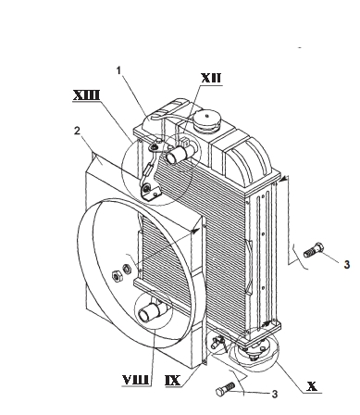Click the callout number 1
[119, 70]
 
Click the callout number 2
[77, 131]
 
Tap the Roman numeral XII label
[211, 78]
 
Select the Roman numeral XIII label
[86, 95]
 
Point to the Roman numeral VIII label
[136, 380]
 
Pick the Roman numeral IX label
[172, 380]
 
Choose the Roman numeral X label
[312, 386]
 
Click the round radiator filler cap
[206, 121]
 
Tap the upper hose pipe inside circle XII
[179, 153]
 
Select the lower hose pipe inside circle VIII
[151, 312]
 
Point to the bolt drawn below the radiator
[226, 389]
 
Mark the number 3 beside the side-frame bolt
[347, 265]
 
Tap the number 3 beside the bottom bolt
[275, 395]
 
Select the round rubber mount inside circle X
[255, 352]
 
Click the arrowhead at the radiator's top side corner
[284, 179]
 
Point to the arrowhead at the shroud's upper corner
[195, 231]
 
